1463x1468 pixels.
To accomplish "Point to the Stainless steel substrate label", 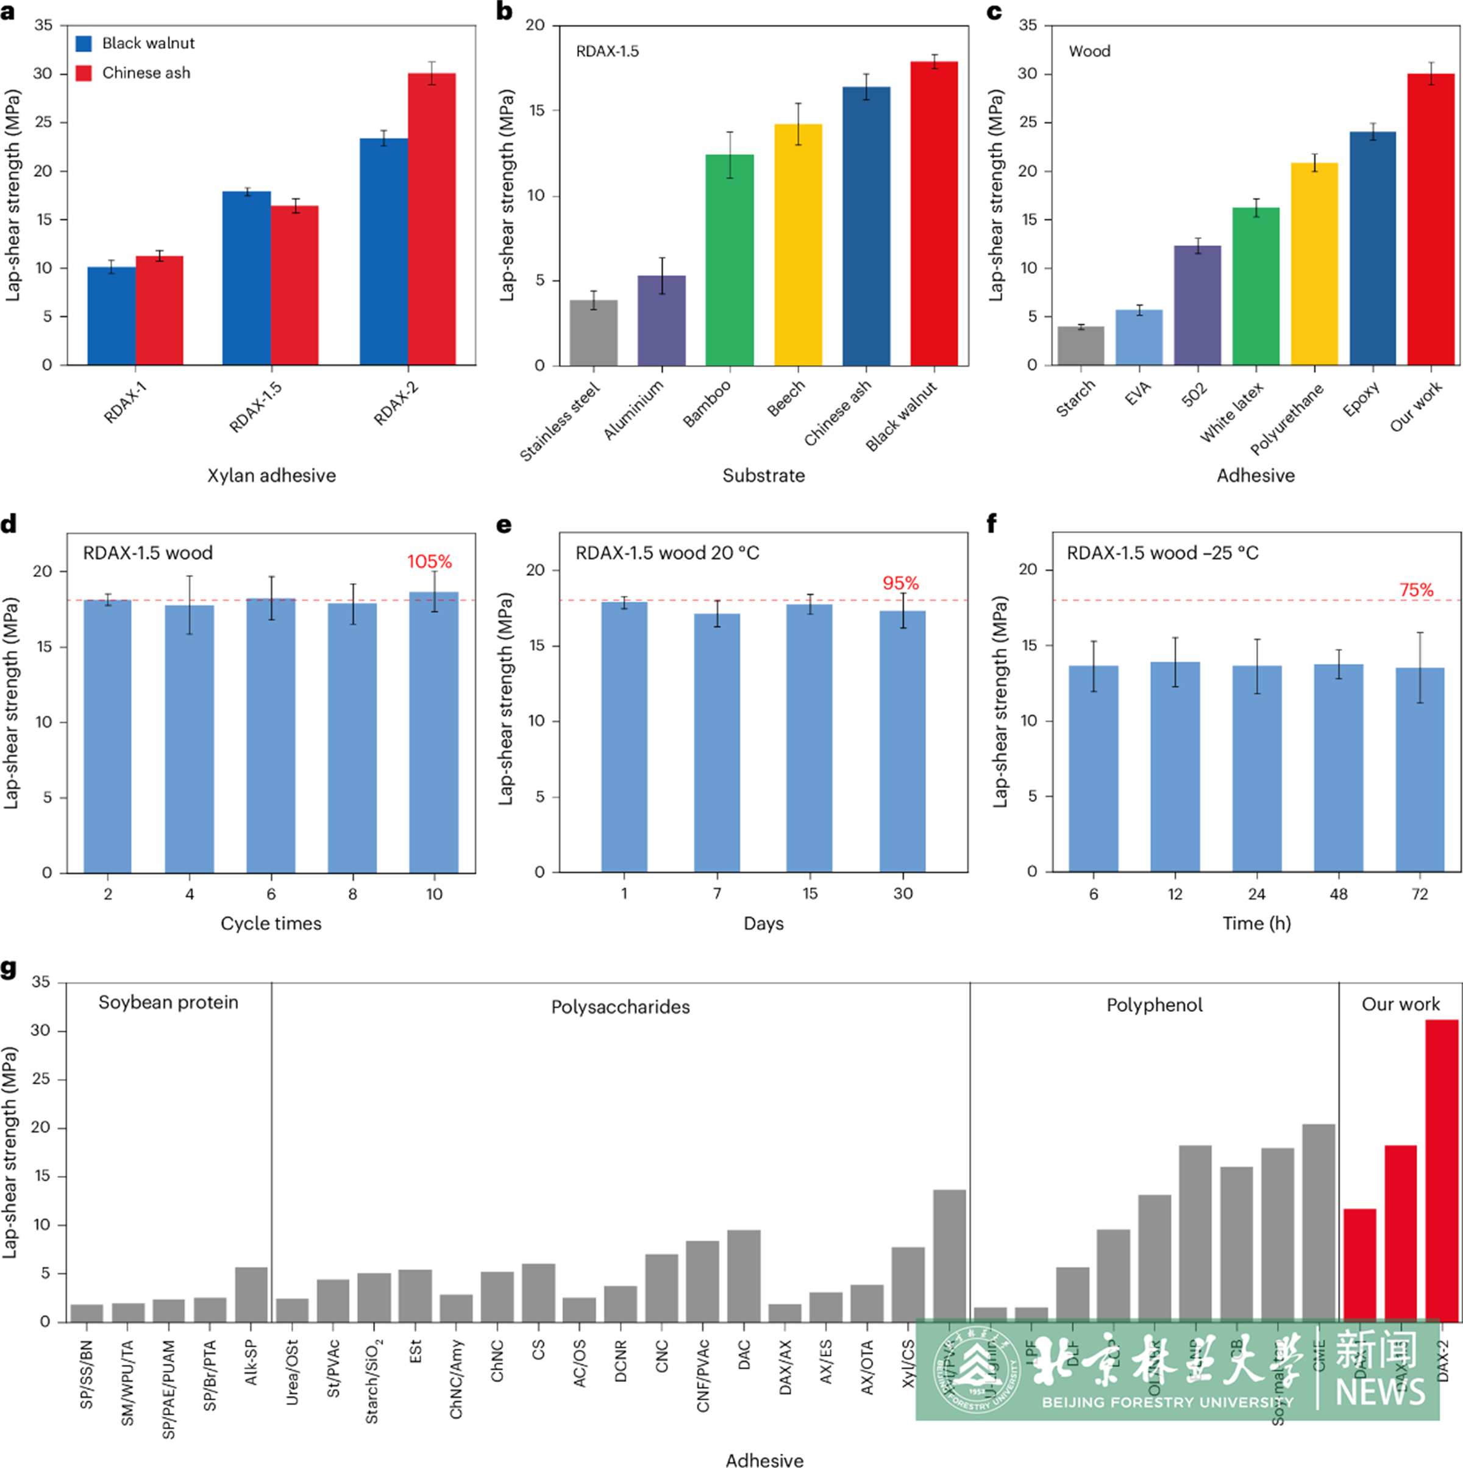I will (560, 421).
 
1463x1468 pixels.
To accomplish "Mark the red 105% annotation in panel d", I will (429, 562).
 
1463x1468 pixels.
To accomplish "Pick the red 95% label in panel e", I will (900, 583).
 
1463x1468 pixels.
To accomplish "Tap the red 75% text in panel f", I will (1416, 590).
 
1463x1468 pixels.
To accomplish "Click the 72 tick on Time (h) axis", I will (1420, 894).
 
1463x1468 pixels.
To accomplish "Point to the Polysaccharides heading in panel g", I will (621, 1007).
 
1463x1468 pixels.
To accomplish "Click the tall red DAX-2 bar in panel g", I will (1442, 1170).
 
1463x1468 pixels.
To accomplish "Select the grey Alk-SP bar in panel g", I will (251, 1294).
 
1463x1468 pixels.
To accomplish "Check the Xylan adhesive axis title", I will (271, 476).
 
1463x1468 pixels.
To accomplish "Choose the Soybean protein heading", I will (168, 1002).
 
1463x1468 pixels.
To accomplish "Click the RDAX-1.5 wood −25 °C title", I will (1162, 553).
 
